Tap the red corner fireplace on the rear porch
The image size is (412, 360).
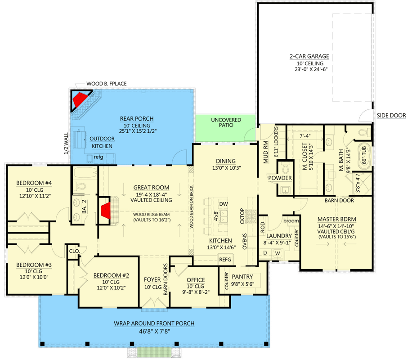coord(79,99)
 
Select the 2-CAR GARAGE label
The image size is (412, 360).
coord(309,56)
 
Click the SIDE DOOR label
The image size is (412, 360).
coord(391,116)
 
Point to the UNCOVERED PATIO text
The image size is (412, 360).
coord(226,122)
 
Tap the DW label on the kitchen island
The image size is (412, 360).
coord(224,204)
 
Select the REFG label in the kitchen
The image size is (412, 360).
coord(225,260)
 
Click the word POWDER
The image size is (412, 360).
coord(280,178)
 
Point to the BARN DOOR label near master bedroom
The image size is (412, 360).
coord(339,201)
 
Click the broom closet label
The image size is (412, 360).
coord(291,220)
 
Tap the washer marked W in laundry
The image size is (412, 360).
coord(278,253)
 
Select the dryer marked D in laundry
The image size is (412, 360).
coord(265,253)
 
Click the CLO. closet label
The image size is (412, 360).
coord(74,252)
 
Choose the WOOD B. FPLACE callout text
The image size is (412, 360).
coord(107,84)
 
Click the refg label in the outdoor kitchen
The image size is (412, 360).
coord(99,157)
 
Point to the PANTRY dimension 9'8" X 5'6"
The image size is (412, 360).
coord(242,284)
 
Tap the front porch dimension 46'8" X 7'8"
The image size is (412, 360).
coord(155,331)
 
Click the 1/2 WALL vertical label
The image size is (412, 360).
coord(66,143)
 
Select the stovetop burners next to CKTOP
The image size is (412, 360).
coord(251,216)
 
